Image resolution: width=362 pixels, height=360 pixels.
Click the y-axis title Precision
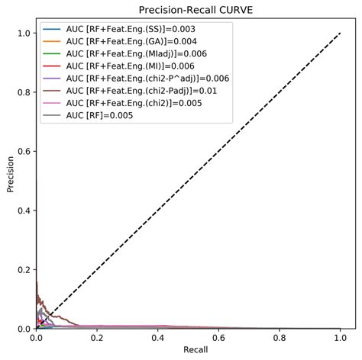coord(10,175)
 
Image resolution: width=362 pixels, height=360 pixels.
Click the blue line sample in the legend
coord(52,30)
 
